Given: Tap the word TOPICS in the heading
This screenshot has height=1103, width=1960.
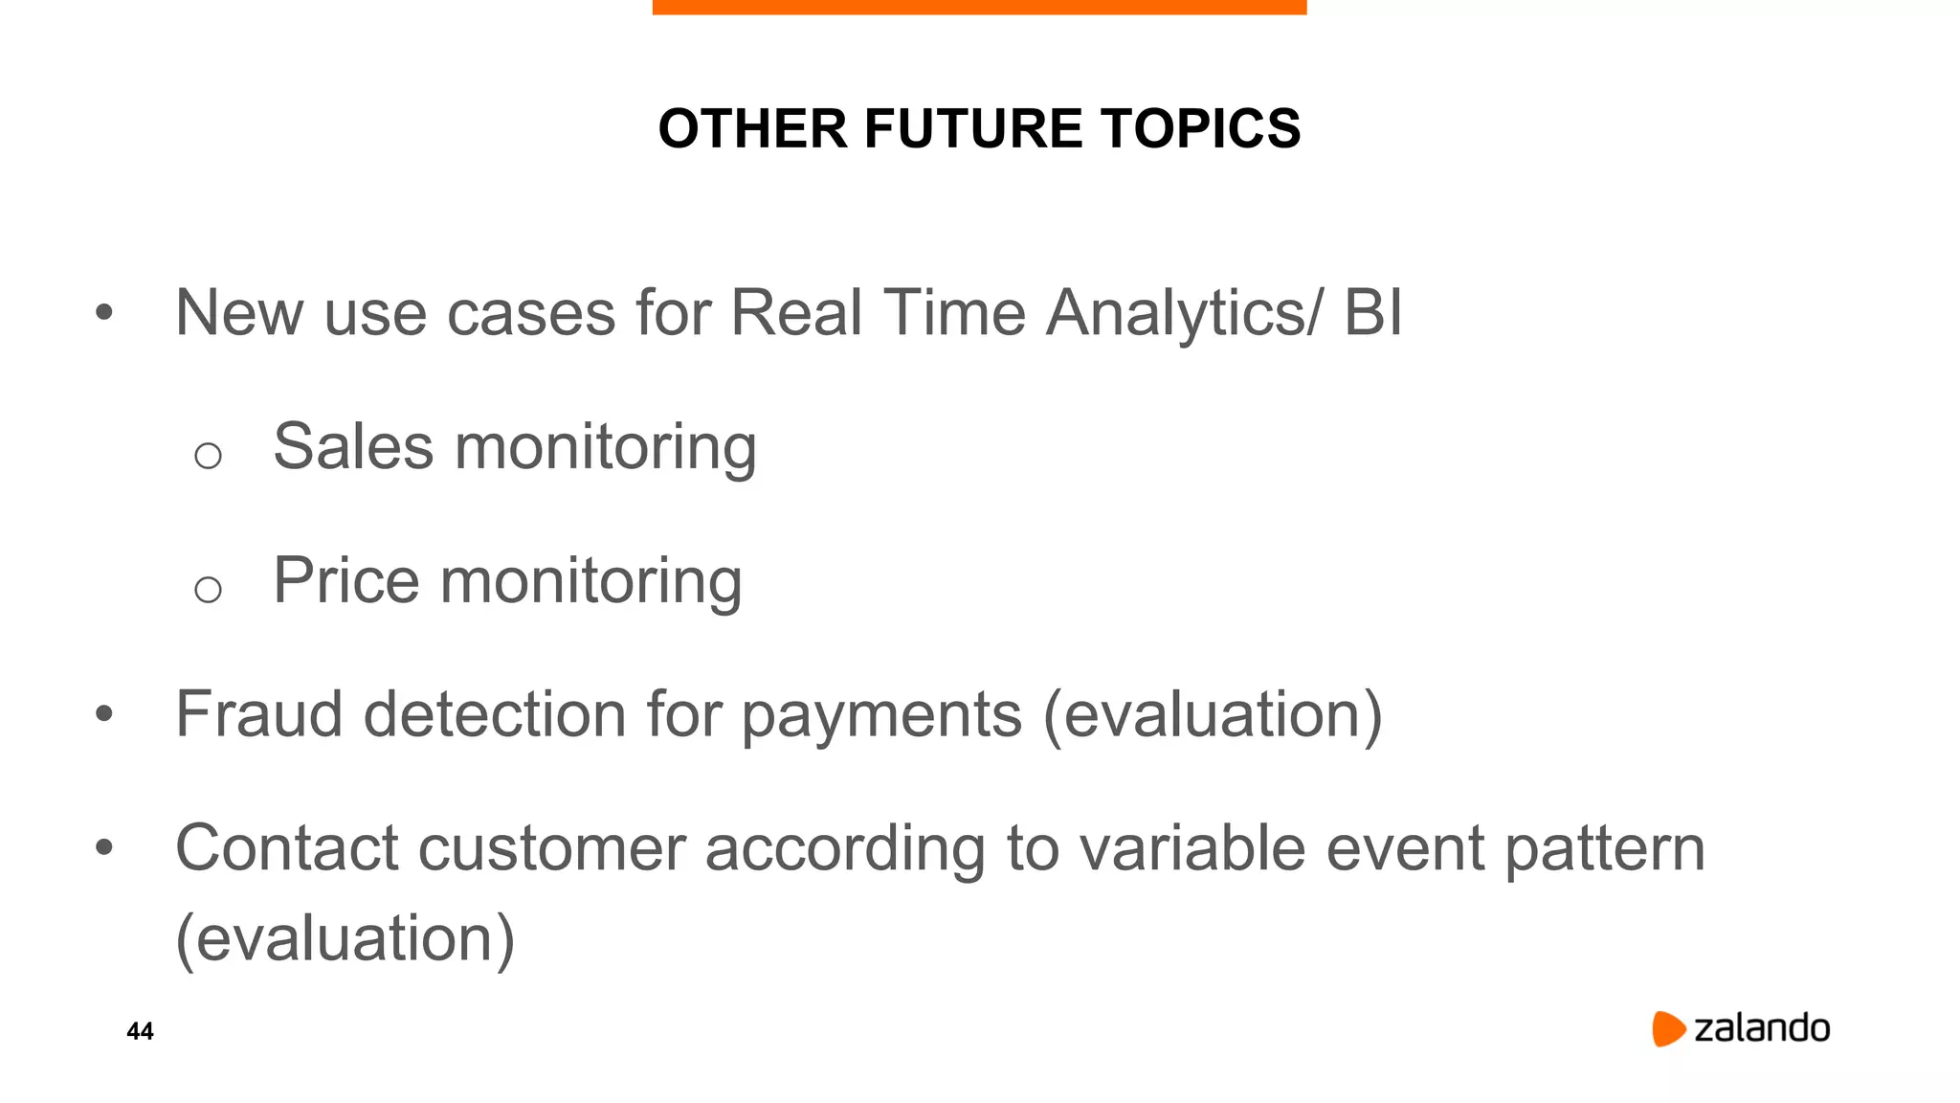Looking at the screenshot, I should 1200,128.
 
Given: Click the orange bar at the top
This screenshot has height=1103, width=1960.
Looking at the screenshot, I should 979,7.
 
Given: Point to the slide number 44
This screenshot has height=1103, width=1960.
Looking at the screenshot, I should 140,1031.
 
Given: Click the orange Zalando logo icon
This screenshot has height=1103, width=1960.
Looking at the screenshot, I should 1667,1028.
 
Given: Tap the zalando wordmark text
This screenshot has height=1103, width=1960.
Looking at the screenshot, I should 1762,1028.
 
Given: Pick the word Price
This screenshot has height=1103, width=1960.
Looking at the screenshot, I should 345,581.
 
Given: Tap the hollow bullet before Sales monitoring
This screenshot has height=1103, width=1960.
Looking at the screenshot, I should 208,456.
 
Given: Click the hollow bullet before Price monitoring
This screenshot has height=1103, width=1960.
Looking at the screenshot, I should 208,590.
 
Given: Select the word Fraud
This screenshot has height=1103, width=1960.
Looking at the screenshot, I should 258,714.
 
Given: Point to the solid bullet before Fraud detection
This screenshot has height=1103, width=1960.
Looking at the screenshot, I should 104,713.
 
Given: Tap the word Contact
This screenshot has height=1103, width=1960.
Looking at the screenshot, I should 286,848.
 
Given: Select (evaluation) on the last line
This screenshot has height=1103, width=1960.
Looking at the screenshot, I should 345,939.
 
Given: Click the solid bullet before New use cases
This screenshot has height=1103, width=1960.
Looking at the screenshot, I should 104,312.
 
